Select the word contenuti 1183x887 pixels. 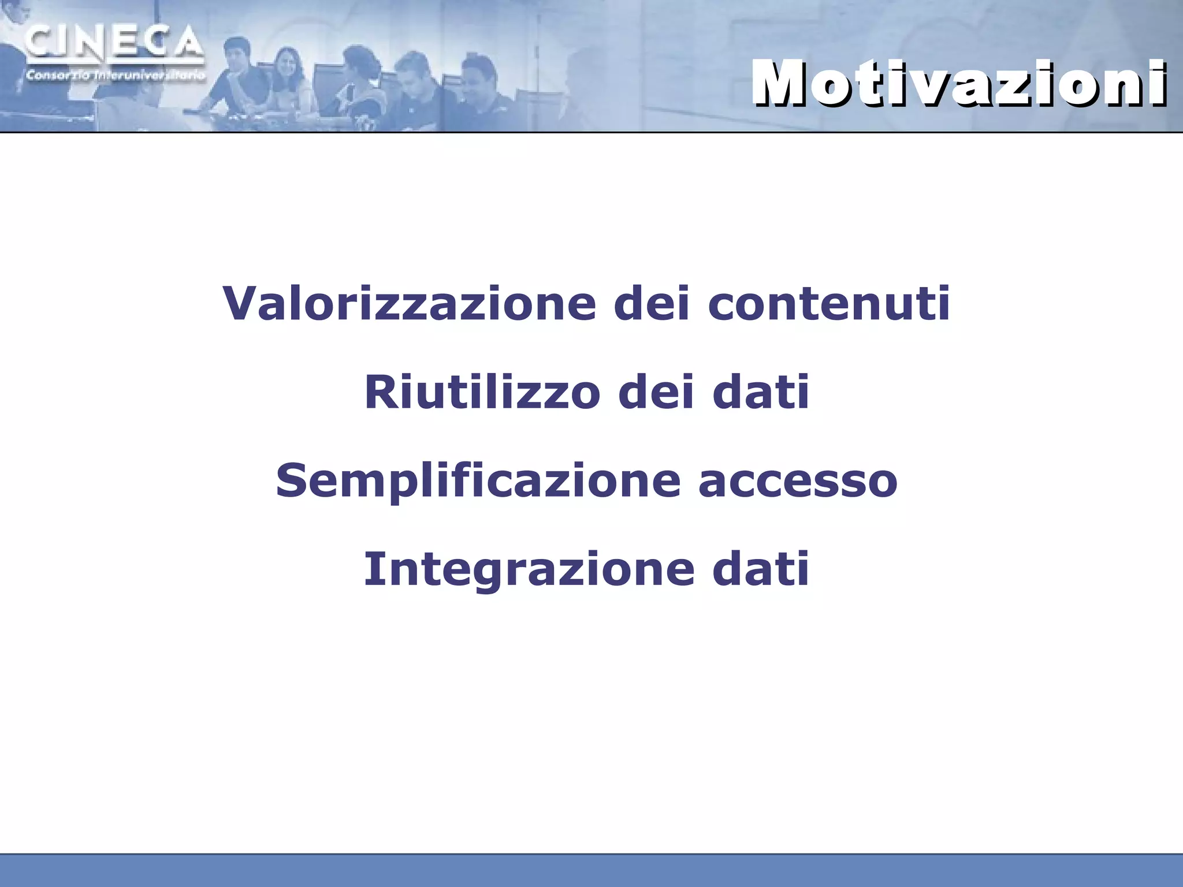tap(829, 303)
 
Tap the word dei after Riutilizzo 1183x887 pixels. tap(656, 393)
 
